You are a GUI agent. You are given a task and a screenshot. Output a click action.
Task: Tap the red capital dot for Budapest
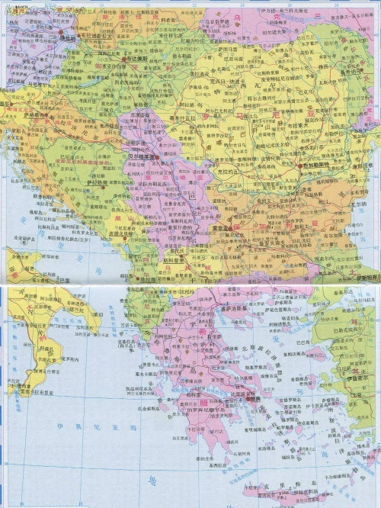[123, 58]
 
